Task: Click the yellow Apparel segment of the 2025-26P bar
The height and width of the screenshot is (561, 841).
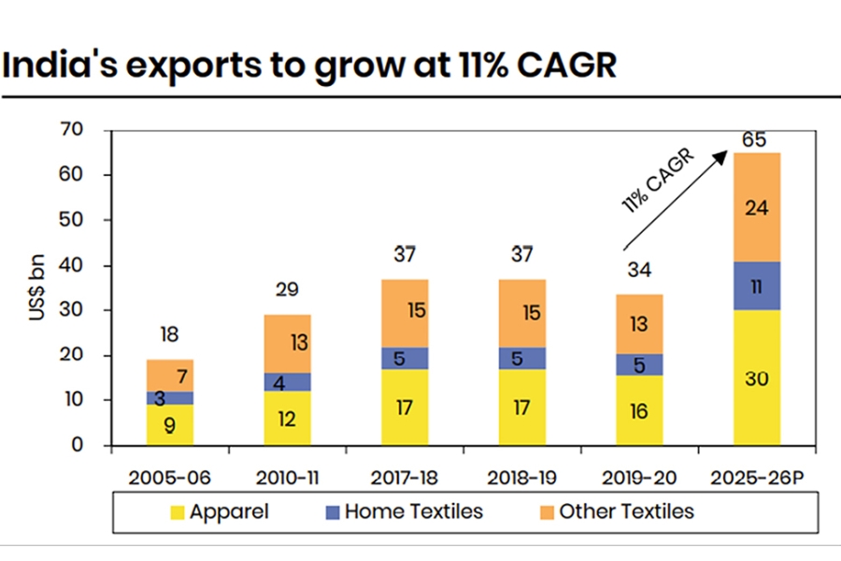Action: (x=756, y=377)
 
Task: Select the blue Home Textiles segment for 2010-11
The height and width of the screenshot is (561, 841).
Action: (x=287, y=381)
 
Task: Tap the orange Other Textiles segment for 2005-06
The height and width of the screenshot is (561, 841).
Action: (x=169, y=375)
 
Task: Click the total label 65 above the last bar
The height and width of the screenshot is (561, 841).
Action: (x=755, y=140)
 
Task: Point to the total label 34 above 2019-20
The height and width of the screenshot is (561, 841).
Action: (x=639, y=270)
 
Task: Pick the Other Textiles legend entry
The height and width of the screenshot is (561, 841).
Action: (x=617, y=511)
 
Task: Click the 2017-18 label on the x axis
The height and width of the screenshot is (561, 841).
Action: (x=404, y=475)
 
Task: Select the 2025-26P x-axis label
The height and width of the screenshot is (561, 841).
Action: (x=756, y=475)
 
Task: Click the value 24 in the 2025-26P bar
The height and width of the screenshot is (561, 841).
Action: (x=756, y=208)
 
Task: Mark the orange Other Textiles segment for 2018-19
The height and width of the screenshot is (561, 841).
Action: (x=521, y=313)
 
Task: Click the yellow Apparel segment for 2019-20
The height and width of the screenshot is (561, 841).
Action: (x=639, y=410)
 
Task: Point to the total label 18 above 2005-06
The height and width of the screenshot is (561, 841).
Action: (x=169, y=334)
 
